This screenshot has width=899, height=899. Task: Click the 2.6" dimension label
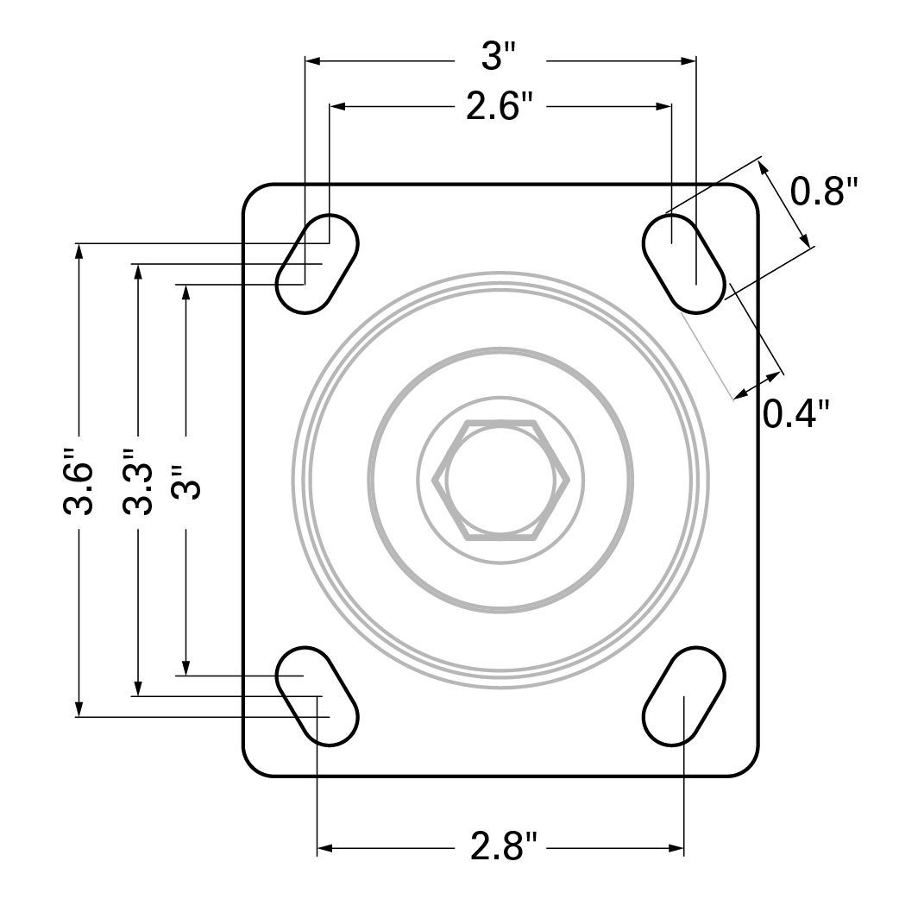500,108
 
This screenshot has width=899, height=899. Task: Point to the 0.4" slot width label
796,414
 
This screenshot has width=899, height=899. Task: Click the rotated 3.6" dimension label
79,487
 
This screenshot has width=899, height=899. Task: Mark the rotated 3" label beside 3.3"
185,482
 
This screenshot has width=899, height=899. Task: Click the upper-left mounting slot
317,263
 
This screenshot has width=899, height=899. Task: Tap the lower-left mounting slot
317,695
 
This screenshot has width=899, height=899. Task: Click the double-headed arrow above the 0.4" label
758,386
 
